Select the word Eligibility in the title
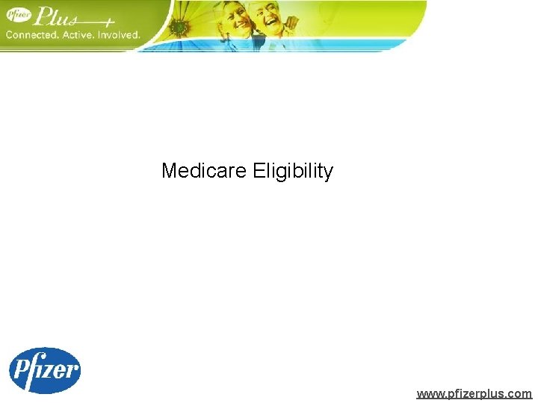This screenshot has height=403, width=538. pyautogui.click(x=293, y=172)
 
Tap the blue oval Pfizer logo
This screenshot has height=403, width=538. pyautogui.click(x=44, y=370)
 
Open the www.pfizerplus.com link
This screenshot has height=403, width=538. pyautogui.click(x=474, y=393)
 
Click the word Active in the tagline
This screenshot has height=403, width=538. pyautogui.click(x=84, y=34)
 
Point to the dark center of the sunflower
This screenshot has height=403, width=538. pyautogui.click(x=179, y=28)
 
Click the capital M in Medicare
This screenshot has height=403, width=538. pyautogui.click(x=169, y=172)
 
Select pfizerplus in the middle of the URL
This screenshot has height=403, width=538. pyautogui.click(x=474, y=393)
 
